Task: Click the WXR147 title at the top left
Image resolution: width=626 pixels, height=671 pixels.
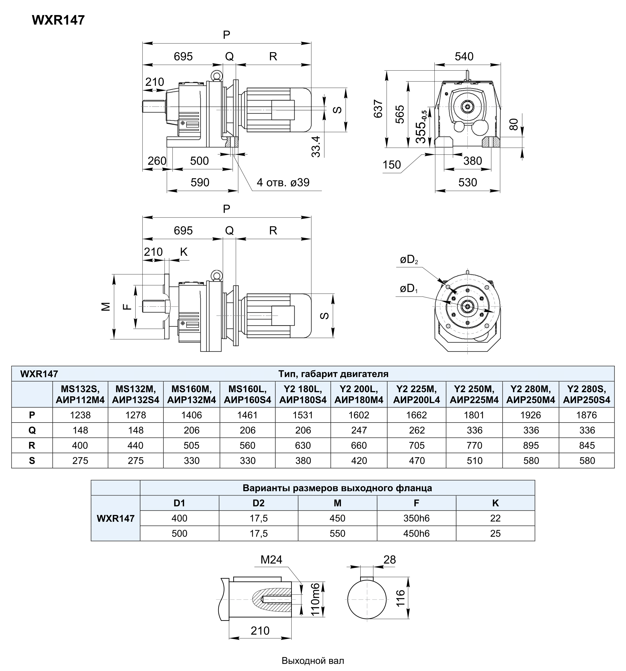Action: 58,20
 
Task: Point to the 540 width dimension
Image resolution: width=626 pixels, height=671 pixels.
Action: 464,56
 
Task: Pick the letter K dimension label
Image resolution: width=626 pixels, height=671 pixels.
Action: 184,252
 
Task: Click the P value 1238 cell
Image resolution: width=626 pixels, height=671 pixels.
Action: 80,415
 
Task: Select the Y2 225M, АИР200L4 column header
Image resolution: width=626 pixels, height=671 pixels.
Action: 417,394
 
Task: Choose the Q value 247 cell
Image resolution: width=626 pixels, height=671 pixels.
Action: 359,430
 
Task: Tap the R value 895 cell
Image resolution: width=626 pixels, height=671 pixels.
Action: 531,445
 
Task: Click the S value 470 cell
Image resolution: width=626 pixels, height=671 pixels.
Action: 417,460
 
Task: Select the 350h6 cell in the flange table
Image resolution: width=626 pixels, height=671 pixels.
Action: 416,518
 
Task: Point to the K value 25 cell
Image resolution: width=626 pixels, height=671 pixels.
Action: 495,533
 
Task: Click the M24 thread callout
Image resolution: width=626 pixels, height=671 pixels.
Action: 271,560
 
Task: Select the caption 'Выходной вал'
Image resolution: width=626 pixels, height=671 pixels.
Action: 313,661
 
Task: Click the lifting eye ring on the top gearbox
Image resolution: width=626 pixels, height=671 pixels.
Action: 216,76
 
